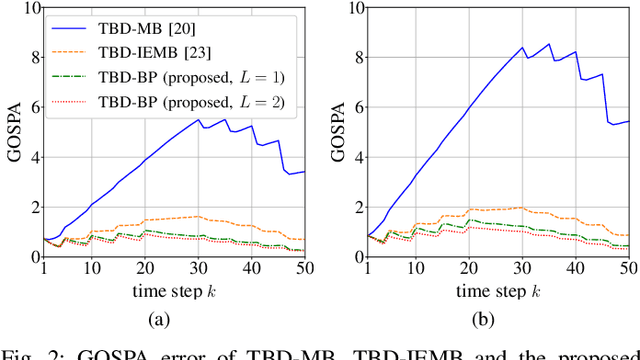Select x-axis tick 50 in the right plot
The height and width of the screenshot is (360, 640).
(628, 269)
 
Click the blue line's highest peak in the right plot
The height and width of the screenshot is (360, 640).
(548, 44)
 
